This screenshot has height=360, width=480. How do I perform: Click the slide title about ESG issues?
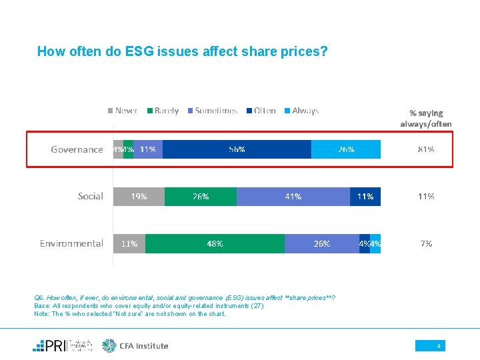(182, 51)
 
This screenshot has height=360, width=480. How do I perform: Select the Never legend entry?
(123, 111)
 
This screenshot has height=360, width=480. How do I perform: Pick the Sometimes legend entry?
(211, 111)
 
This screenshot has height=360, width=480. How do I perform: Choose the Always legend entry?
(301, 111)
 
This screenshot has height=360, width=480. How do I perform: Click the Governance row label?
(77, 149)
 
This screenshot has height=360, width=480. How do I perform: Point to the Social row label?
(90, 196)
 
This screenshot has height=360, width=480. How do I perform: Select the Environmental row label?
(71, 243)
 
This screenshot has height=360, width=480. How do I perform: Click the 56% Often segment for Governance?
(237, 149)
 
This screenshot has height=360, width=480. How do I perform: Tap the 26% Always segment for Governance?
(346, 149)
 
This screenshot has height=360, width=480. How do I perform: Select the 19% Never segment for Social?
(139, 196)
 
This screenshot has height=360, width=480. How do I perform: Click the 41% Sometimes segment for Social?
(293, 196)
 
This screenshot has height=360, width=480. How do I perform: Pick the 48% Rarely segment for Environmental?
(215, 243)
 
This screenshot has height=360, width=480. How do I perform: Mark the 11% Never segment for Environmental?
(129, 243)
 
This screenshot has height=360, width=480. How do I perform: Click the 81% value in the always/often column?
(426, 149)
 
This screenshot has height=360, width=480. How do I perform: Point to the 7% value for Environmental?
(426, 243)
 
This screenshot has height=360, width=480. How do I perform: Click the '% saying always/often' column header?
(426, 118)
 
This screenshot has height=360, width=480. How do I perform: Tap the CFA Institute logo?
(135, 345)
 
